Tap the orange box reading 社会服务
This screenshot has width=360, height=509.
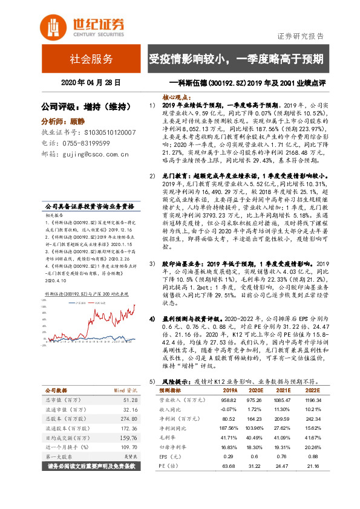[91, 59]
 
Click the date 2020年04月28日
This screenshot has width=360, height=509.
[91, 82]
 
